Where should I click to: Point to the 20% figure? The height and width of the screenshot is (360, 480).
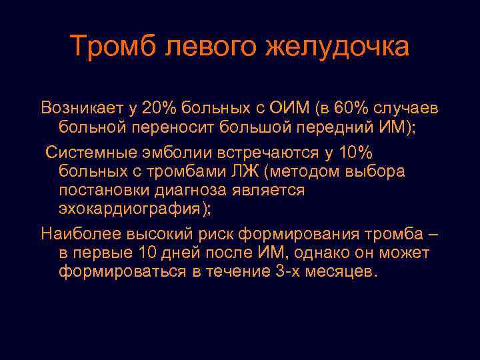[x=162, y=107]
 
